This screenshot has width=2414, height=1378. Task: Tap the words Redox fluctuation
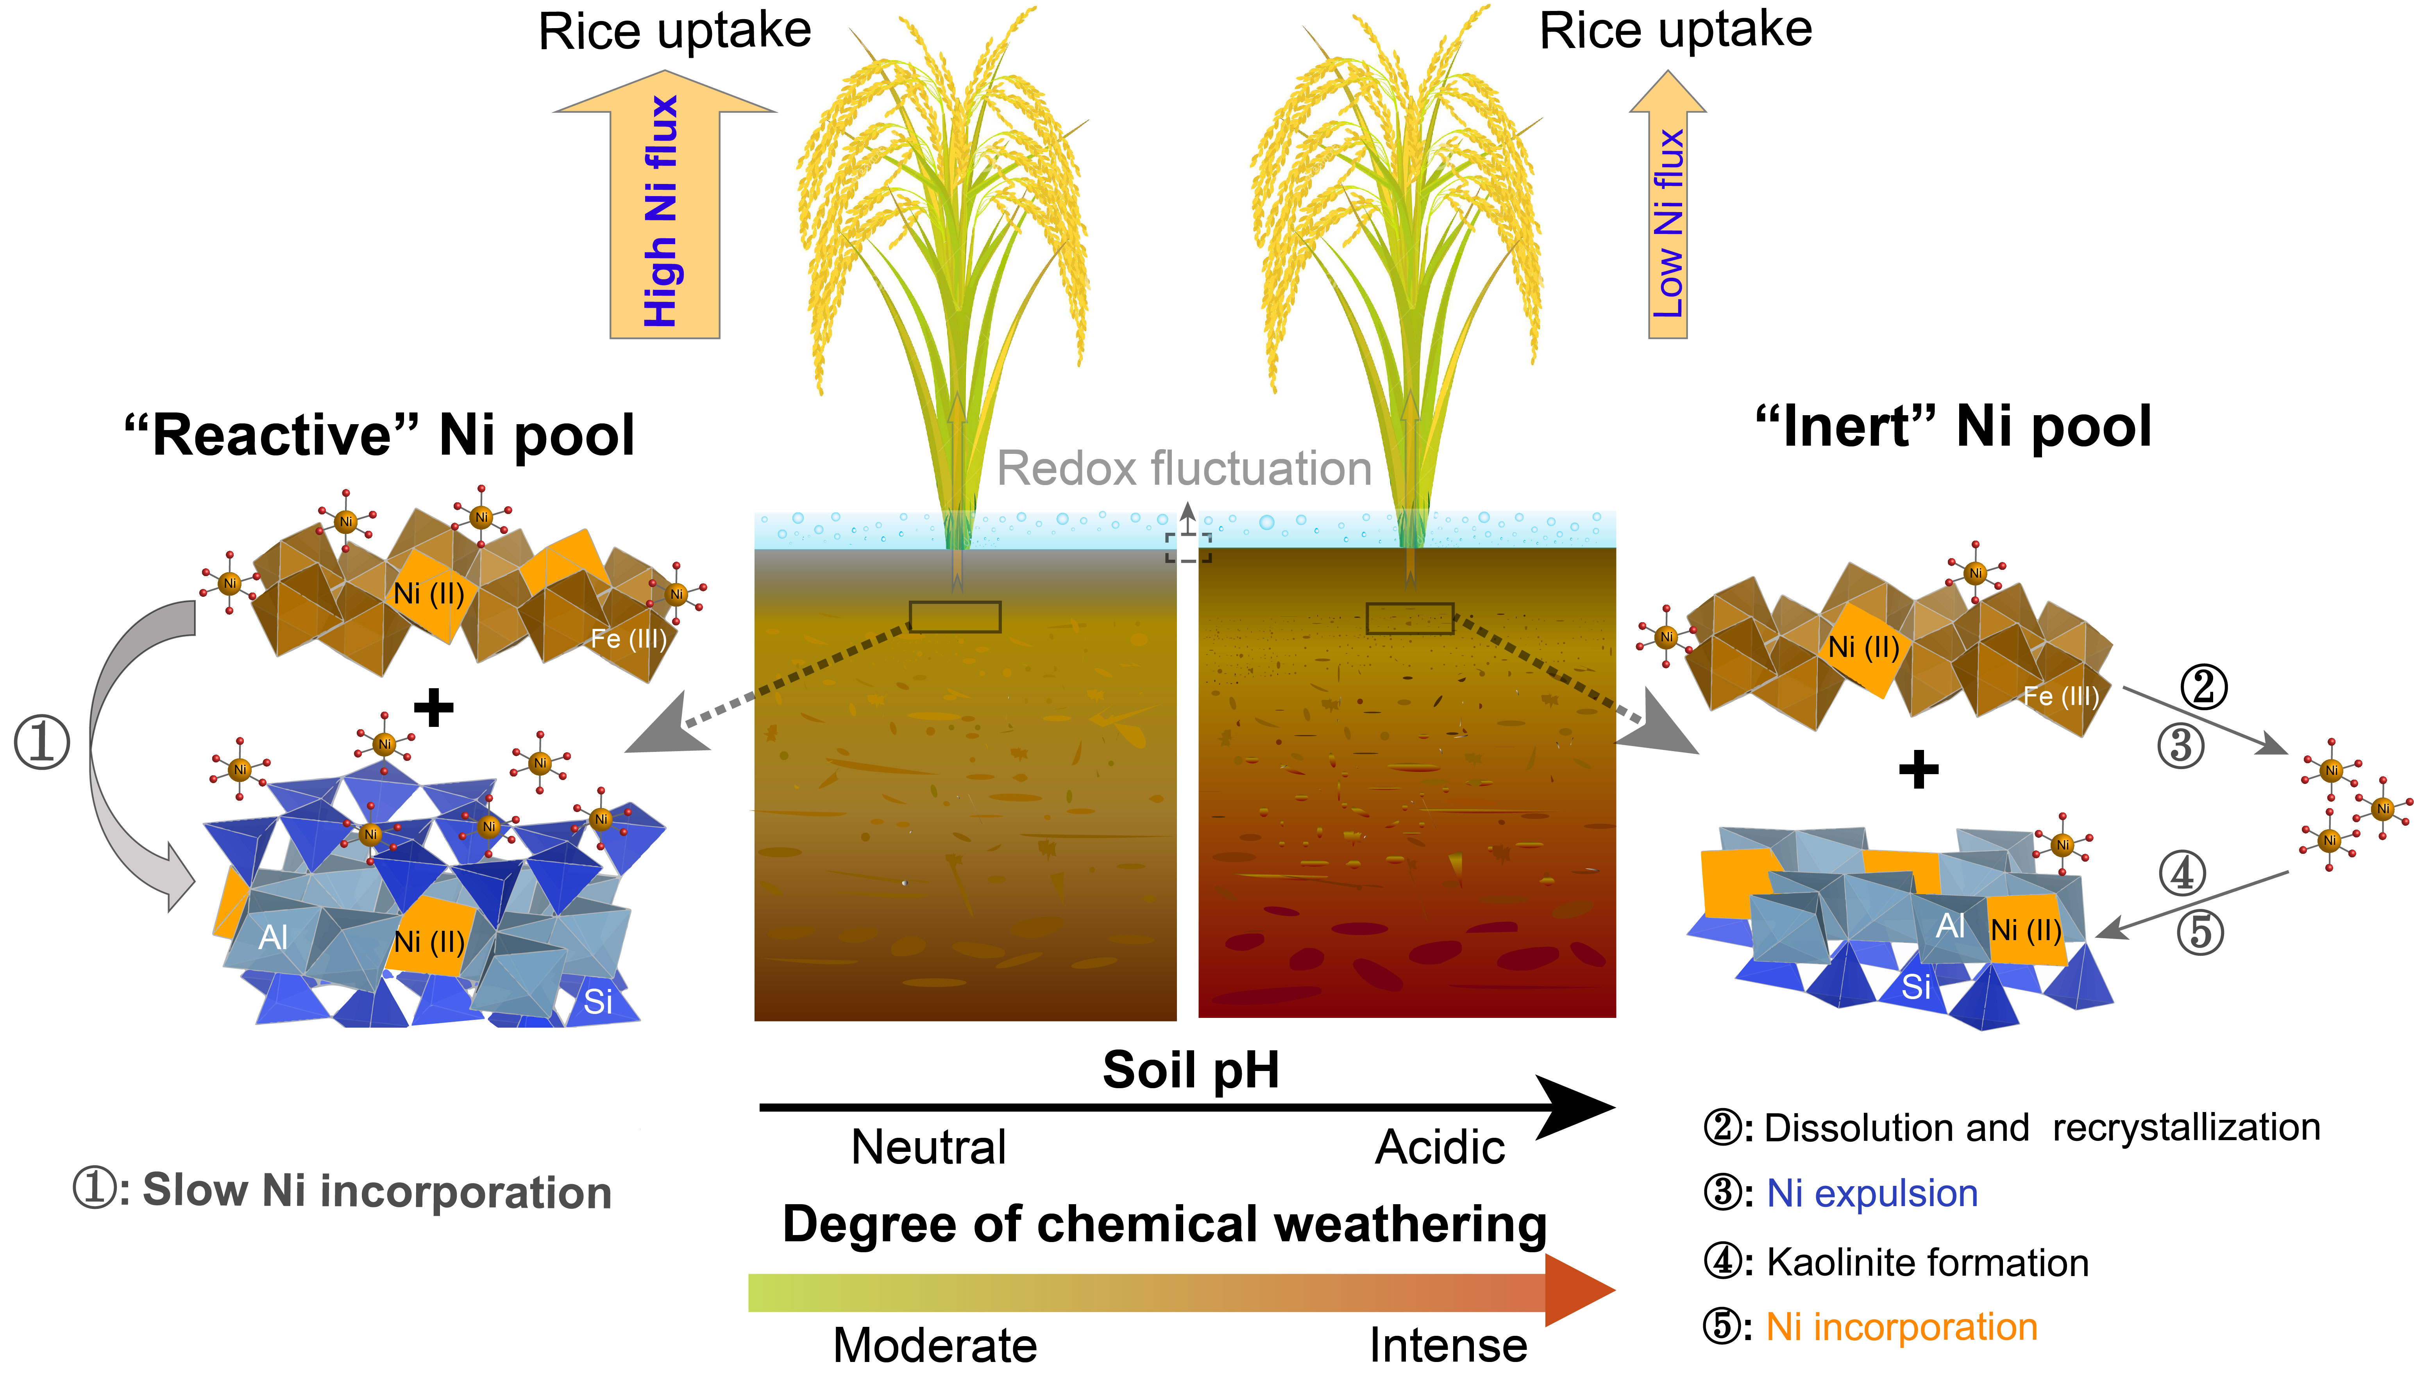1184,468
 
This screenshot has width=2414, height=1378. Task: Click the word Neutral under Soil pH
928,1147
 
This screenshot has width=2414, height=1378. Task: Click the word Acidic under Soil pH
1439,1147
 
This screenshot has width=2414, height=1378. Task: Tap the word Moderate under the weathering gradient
934,1344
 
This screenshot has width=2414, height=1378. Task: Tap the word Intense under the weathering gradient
1447,1344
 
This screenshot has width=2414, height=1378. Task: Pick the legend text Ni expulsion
1872,1194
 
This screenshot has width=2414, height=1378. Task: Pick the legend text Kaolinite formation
1926,1262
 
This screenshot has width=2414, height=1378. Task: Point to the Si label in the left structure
597,1001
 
